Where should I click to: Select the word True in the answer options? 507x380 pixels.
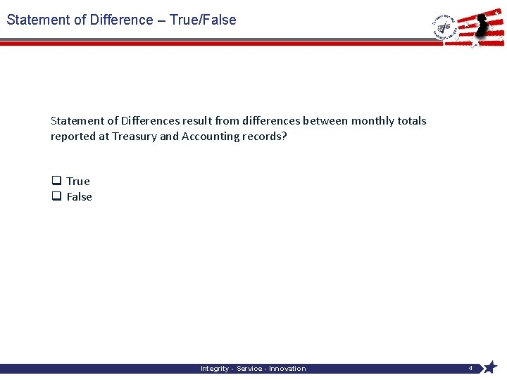(78, 182)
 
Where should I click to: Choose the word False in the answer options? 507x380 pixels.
(80, 197)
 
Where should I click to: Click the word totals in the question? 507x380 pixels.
(412, 121)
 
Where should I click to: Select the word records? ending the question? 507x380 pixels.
(262, 137)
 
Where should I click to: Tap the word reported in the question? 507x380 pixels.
(73, 137)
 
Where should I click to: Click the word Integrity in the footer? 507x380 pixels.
(215, 369)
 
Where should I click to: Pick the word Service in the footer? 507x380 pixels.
(250, 369)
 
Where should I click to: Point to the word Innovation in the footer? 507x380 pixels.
(287, 369)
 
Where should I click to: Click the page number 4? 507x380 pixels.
(470, 368)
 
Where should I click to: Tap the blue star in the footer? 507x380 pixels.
(490, 367)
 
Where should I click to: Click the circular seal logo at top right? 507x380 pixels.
(444, 28)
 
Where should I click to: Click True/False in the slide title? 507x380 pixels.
(203, 20)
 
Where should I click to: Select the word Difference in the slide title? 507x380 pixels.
(122, 20)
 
